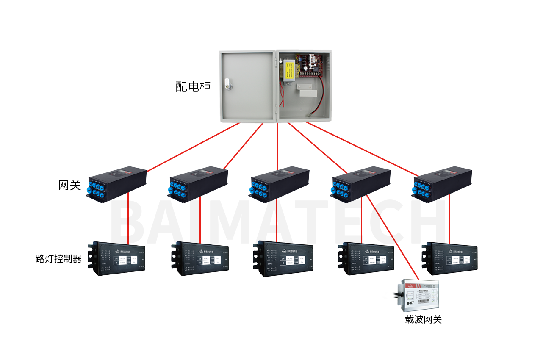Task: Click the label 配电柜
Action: click(x=193, y=87)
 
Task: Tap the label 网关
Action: click(x=69, y=185)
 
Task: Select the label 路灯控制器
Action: click(x=58, y=259)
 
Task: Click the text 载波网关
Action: click(x=423, y=319)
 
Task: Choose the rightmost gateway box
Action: click(x=442, y=185)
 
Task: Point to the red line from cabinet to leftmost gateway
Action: click(x=193, y=147)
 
